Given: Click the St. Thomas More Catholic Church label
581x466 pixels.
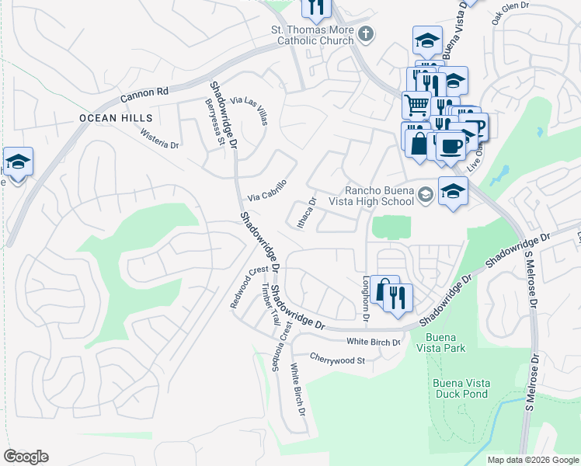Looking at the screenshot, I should pos(311,37).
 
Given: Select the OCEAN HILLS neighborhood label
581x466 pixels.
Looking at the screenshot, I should pos(115,118).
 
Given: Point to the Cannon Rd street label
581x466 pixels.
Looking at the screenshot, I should pos(144,96).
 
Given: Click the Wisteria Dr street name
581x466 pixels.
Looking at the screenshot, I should pos(159,139).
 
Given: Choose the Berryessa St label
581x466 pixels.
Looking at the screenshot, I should pos(214,122).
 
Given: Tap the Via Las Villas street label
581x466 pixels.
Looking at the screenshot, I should pos(250,111).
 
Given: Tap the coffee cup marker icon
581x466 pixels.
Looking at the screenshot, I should pos(450,144).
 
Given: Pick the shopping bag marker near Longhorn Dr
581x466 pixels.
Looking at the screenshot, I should pos(384,290).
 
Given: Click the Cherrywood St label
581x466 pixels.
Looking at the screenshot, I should pos(337,360).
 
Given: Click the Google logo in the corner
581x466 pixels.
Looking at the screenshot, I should pos(26,457).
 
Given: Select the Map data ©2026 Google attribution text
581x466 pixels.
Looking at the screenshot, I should pos(532,460).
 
